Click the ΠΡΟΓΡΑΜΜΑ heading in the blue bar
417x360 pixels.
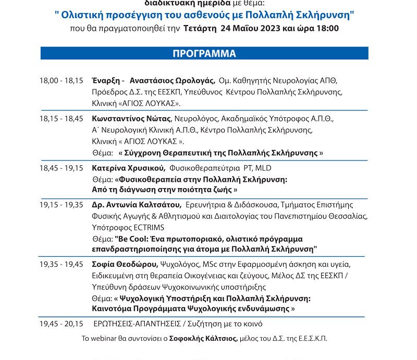pos(204,54)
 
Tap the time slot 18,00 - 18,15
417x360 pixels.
pos(61,81)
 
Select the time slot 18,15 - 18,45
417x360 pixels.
pos(61,119)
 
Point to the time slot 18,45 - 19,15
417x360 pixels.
pos(61,168)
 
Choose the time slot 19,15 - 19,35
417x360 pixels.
pos(61,204)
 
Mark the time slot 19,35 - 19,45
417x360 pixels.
pos(61,265)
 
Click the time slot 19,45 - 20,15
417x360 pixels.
pos(61,324)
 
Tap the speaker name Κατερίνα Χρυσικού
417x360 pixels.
pos(129,168)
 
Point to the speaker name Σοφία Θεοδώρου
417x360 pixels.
pos(124,265)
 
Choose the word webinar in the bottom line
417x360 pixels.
pos(105,339)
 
